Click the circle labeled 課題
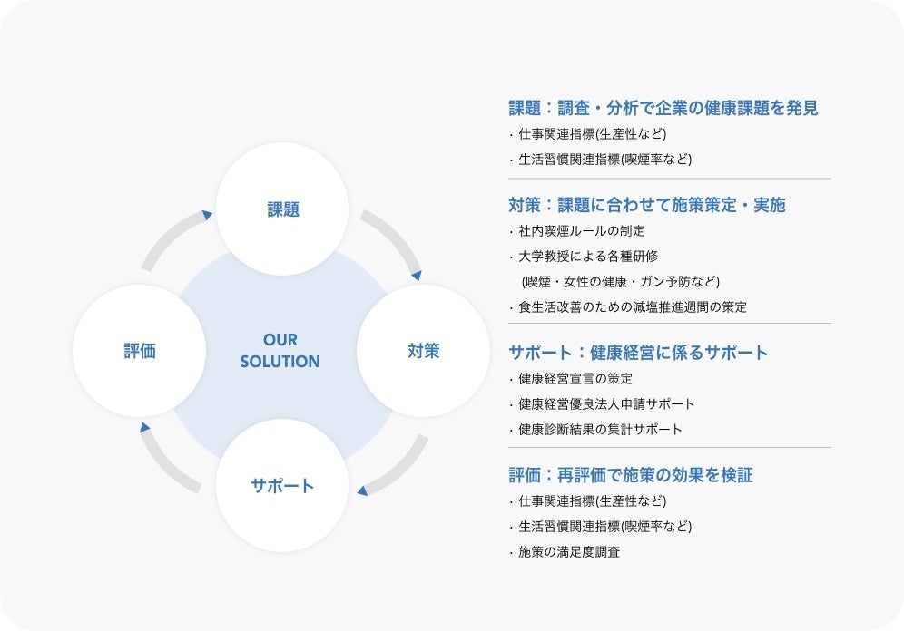(x=283, y=209)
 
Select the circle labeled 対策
(x=423, y=351)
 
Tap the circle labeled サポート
(x=282, y=485)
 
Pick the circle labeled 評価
(x=140, y=351)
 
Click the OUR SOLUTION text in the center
(x=280, y=351)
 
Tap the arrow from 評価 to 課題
(x=174, y=238)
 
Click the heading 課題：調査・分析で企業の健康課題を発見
(x=663, y=108)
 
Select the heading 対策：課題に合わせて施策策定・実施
(x=647, y=205)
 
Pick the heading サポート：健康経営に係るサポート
(x=638, y=353)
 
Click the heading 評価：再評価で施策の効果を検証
(x=631, y=475)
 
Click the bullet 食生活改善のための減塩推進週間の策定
(x=633, y=306)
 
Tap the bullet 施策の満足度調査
(x=569, y=551)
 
